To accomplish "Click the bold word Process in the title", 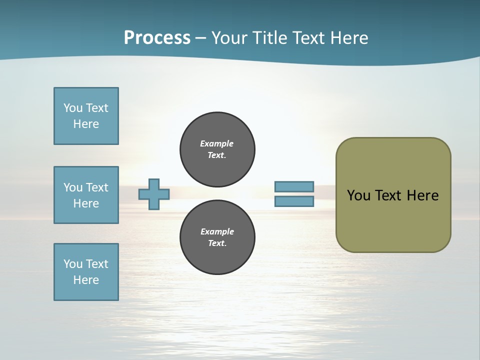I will pyautogui.click(x=157, y=37).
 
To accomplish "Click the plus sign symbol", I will pyautogui.click(x=154, y=194).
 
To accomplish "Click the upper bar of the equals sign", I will pyautogui.click(x=294, y=186).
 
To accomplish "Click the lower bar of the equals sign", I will pyautogui.click(x=294, y=201).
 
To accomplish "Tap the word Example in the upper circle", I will pyautogui.click(x=217, y=143).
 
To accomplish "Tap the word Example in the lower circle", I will pyautogui.click(x=217, y=231).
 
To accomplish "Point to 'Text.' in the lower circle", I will pyautogui.click(x=217, y=243).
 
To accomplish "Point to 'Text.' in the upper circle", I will pyautogui.click(x=217, y=155).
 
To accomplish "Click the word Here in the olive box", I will pyautogui.click(x=422, y=195).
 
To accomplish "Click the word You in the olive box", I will pyautogui.click(x=358, y=195).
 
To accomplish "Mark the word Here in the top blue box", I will pyautogui.click(x=86, y=124).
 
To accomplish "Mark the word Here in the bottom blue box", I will pyautogui.click(x=86, y=280).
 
